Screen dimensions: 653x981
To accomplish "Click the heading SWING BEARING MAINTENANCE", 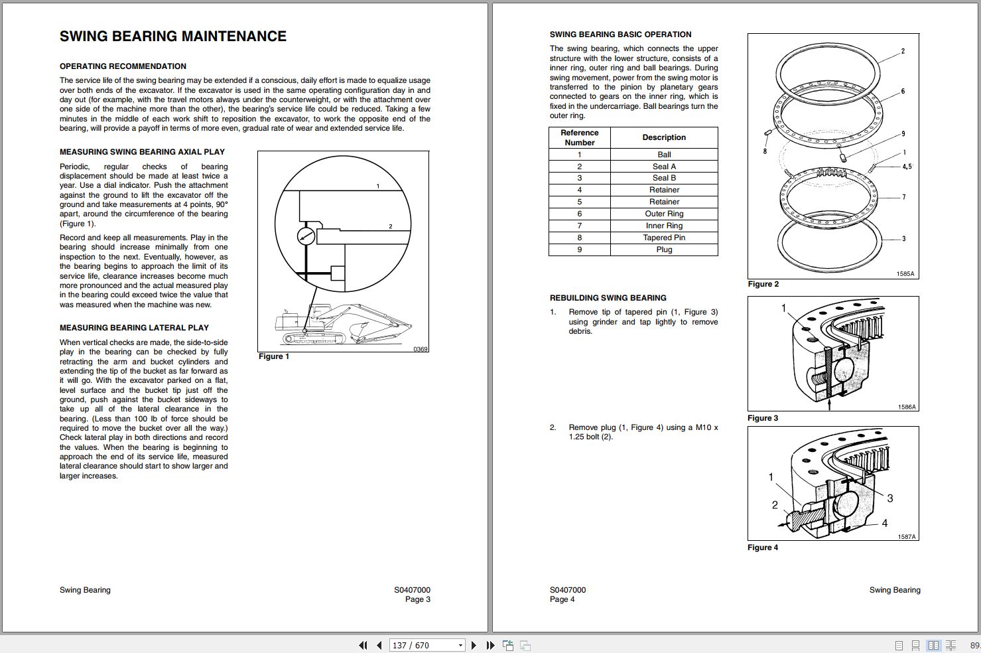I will coord(173,36).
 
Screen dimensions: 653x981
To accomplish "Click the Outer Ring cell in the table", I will coord(664,214).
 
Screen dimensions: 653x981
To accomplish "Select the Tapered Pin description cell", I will coord(664,238).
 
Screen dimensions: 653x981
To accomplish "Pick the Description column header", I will coord(664,137).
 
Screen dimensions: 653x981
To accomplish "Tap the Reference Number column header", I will coord(579,137).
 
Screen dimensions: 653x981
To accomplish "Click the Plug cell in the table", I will coord(664,250).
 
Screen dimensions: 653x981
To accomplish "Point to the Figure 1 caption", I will coord(274,356).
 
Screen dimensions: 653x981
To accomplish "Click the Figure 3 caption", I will coord(763,418).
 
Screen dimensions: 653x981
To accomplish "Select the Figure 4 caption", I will coord(763,547).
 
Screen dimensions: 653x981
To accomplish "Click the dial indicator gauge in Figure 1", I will coord(306,236).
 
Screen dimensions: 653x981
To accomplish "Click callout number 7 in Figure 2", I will coord(903,197).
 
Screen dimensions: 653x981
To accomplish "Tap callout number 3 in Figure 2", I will coord(903,239).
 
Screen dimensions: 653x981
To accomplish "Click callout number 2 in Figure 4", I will coord(775,505).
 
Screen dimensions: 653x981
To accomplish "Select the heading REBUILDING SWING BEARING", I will coord(608,298).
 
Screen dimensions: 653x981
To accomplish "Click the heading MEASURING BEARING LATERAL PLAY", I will coord(134,328).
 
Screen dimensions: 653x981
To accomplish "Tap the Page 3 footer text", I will coord(418,599).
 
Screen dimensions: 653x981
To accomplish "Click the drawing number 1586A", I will coord(907,407).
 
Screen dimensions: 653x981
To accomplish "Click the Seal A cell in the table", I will coord(664,167).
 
